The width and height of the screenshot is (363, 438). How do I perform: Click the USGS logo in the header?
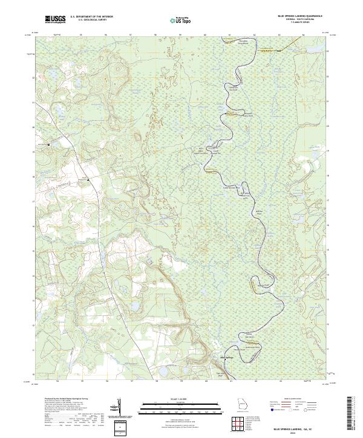coord(54,20)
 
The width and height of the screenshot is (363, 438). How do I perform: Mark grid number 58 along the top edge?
coord(156,35)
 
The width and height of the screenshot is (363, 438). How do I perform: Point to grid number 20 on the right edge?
coord(328,126)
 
